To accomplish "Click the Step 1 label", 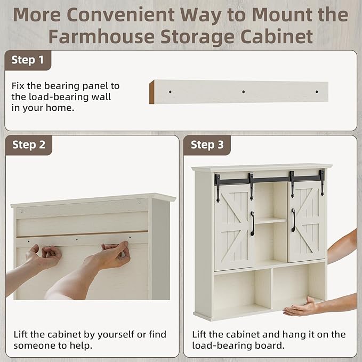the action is coord(28,60).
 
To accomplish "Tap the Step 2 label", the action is coord(29,145).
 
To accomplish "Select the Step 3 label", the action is coord(207,145).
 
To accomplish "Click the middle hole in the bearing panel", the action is coord(243,92).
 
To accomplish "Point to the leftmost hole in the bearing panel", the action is coord(170,92).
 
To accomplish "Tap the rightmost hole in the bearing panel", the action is coord(317,92).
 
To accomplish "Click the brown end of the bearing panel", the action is coord(152,92).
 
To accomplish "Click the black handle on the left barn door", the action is coord(252,223).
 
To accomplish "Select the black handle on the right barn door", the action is coord(293,220).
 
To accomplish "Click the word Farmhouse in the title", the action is coord(101,36).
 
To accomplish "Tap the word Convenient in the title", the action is coord(120,14).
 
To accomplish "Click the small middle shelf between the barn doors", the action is coord(271,221).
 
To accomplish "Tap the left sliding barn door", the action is coord(233,228).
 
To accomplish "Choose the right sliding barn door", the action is coord(306,221).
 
